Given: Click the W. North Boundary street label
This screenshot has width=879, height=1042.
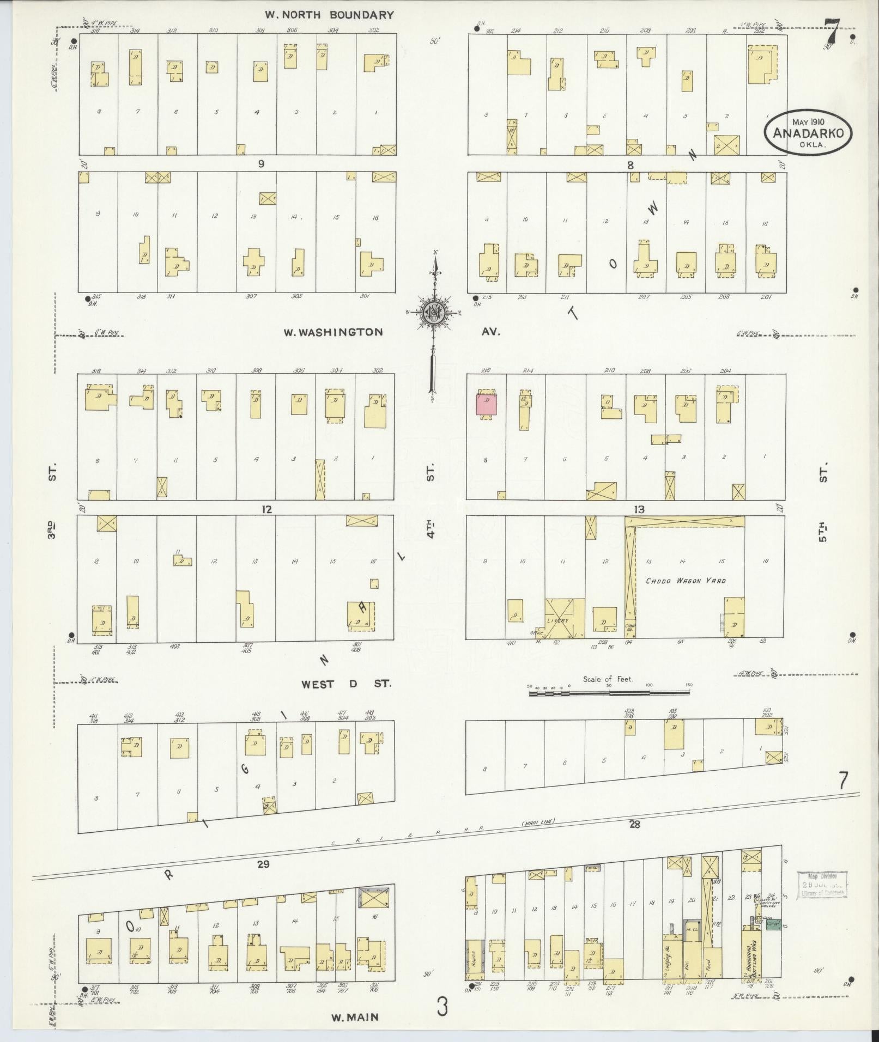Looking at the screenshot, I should (x=329, y=15).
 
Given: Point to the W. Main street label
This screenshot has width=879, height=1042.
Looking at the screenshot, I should (x=355, y=1016).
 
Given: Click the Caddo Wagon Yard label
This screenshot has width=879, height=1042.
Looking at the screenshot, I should (x=686, y=581).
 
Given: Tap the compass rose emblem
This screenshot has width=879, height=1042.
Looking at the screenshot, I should (x=434, y=313).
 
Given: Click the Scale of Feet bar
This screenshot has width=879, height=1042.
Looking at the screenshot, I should (x=609, y=693).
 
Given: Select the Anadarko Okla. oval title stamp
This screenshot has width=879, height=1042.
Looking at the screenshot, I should (x=808, y=132).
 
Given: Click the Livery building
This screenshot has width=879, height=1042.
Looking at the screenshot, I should (x=565, y=619).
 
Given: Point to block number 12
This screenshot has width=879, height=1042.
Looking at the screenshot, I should (x=266, y=510).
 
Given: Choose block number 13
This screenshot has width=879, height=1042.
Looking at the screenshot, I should (x=639, y=509).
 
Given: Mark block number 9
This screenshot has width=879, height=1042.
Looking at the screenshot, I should (x=261, y=163).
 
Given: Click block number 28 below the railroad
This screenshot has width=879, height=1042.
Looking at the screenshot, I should (x=634, y=839).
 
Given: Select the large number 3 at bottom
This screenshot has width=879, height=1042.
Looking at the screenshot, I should (x=442, y=1007).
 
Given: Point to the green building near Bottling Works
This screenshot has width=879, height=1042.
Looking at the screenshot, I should (x=772, y=924).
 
